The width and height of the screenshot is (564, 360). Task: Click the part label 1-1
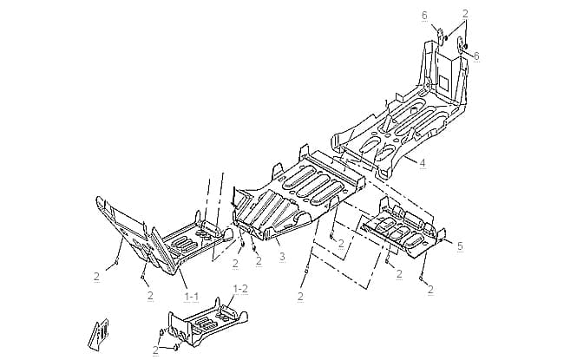tap(192, 297)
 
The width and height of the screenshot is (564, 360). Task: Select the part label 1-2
tap(240, 289)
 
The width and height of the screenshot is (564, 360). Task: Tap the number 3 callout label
tap(282, 257)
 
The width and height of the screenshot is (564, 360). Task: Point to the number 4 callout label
tap(423, 163)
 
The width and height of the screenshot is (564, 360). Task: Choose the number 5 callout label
tap(460, 246)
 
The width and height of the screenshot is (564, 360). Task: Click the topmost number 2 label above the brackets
tap(465, 14)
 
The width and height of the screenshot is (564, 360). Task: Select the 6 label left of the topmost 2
tap(424, 16)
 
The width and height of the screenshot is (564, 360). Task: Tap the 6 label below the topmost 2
tap(476, 56)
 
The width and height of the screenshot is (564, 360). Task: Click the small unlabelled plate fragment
tap(99, 335)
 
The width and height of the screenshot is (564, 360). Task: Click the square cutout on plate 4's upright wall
tap(443, 83)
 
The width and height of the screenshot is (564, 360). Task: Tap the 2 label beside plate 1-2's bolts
tap(155, 350)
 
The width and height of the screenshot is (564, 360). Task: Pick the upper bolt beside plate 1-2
tap(162, 332)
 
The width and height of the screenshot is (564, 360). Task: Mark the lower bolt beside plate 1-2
tap(177, 347)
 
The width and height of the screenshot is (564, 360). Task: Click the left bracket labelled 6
tap(440, 36)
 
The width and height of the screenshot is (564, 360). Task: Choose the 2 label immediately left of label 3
tap(259, 260)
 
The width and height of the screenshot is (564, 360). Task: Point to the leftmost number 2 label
tap(96, 277)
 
